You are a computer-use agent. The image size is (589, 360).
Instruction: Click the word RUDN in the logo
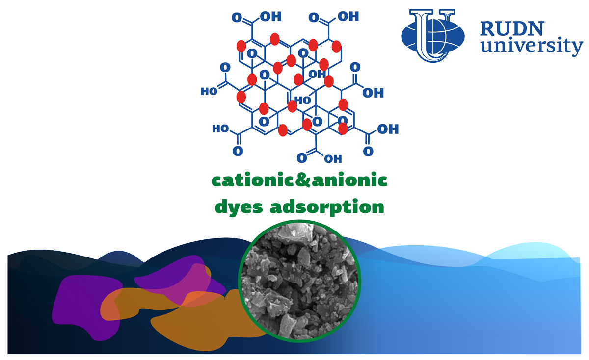click(x=511, y=28)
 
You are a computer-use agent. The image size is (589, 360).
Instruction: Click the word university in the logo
click(x=532, y=46)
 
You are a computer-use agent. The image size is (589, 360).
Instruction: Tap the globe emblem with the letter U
click(x=433, y=35)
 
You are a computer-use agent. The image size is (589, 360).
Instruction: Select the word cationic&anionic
click(x=299, y=180)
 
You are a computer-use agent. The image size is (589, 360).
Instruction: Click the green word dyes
click(x=239, y=207)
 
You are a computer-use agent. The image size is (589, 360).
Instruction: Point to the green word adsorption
click(x=327, y=207)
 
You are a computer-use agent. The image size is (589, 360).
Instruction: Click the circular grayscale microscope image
click(x=299, y=281)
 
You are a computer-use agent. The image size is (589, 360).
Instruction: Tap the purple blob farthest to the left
click(x=87, y=306)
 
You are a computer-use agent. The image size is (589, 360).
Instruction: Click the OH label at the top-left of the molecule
click(x=270, y=17)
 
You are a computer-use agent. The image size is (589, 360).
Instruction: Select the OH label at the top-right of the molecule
click(x=348, y=16)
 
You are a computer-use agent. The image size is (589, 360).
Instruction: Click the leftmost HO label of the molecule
click(x=209, y=91)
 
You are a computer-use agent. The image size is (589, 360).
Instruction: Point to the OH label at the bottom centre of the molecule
click(x=333, y=159)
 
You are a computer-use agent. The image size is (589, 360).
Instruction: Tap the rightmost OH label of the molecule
click(x=388, y=129)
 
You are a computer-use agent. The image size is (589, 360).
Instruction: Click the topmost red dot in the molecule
click(x=275, y=39)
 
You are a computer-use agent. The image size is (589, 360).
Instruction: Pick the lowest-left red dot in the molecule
click(x=283, y=130)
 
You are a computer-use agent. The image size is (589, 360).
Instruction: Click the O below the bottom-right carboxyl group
click(x=368, y=152)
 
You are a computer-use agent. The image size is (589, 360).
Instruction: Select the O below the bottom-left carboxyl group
click(x=238, y=151)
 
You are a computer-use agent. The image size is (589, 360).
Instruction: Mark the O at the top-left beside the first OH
click(x=237, y=18)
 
